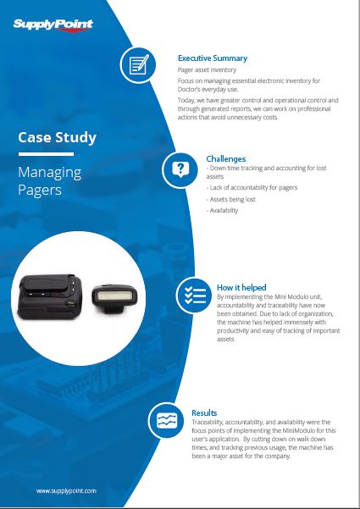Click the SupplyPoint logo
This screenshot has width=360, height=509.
[x=53, y=25]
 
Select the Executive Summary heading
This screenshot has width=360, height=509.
[x=213, y=58]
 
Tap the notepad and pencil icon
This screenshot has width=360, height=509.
[x=138, y=64]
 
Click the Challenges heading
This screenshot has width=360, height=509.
[x=226, y=158]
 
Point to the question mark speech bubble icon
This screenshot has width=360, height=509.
[x=180, y=169]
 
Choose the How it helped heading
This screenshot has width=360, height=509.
[x=241, y=287]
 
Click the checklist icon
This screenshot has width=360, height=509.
[x=195, y=296]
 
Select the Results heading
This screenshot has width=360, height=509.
[x=204, y=413]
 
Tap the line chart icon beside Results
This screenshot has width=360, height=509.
[x=167, y=420]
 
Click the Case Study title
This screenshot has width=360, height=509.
[x=57, y=138]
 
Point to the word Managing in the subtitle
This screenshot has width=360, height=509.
[x=50, y=173]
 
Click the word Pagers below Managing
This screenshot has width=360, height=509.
[x=40, y=190]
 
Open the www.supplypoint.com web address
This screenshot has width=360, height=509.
[x=66, y=490]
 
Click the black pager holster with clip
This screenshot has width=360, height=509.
[x=50, y=296]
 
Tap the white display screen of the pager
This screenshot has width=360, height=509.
[x=114, y=296]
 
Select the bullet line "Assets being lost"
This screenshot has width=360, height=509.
[x=230, y=199]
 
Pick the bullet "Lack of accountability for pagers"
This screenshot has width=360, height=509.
[x=252, y=188]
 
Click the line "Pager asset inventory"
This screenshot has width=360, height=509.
[x=207, y=69]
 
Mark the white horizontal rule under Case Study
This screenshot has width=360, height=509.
[x=46, y=154]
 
